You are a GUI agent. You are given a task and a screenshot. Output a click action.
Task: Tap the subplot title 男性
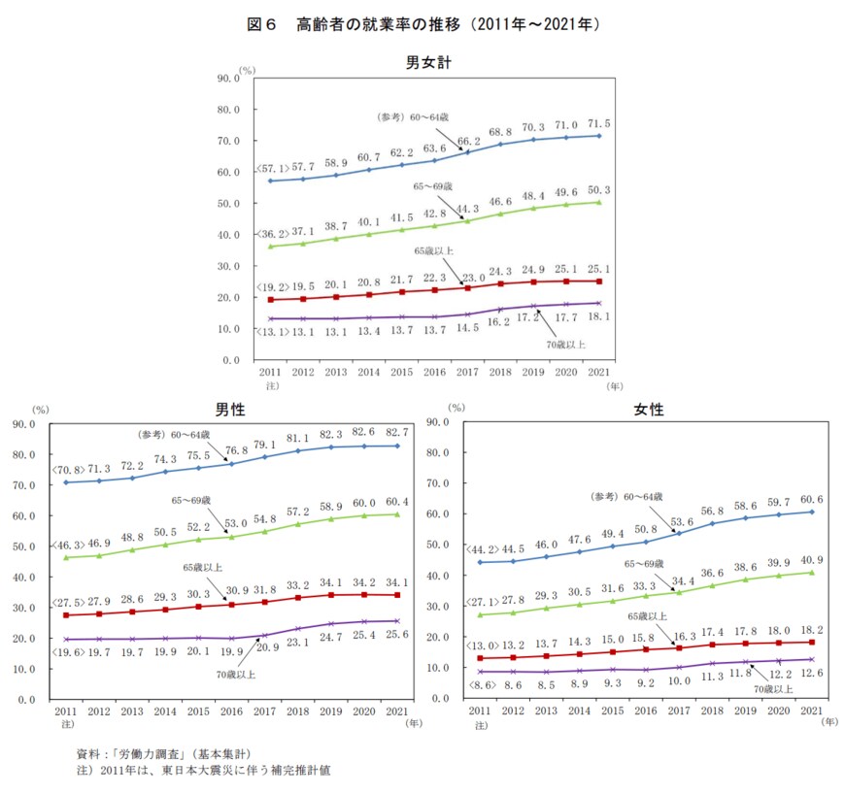point(229,410)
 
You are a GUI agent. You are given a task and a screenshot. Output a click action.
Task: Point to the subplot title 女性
point(649,410)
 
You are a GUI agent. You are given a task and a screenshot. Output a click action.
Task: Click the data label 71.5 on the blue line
point(597,124)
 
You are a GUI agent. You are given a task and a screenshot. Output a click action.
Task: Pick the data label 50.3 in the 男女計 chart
point(597,190)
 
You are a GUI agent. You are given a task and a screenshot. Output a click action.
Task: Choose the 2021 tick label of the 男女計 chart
point(599,373)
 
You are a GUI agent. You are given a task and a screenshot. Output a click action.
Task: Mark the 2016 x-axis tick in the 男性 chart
point(231,712)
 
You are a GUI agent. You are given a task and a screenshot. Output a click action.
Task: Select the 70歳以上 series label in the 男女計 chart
point(564,344)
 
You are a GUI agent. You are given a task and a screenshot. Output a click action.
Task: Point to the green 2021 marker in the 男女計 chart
point(599,203)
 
